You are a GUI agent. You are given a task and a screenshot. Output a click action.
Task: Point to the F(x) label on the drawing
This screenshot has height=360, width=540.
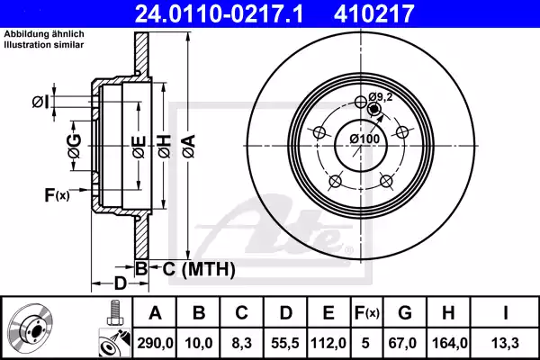[x=56, y=194]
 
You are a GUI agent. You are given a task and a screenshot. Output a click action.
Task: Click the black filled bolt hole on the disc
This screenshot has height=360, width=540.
[x=374, y=111]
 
